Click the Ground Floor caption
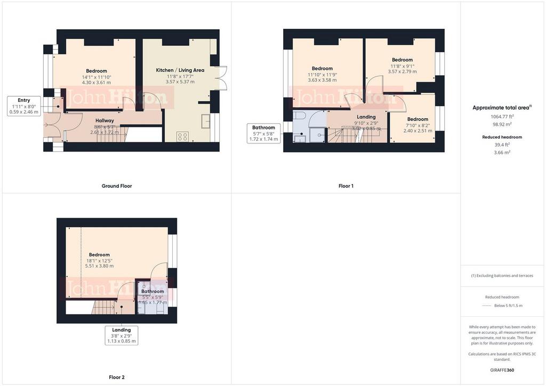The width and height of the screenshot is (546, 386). point(117,186)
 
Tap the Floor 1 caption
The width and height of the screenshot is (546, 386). point(346,186)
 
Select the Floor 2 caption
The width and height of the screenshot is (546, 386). point(117,377)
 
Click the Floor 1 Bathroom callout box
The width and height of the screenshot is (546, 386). point(263,133)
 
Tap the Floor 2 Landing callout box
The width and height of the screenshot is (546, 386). point(122,335)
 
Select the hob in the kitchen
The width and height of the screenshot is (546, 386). point(182,136)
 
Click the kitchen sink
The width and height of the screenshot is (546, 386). point(206,122)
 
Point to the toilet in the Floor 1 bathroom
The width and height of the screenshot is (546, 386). point(299,116)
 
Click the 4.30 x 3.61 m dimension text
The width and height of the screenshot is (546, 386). point(97,83)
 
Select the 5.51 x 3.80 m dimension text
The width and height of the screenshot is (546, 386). point(99,266)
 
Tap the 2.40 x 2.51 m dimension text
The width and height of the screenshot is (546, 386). point(417,131)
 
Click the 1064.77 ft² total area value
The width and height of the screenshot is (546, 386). point(503,116)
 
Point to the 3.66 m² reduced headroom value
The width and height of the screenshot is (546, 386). point(503,152)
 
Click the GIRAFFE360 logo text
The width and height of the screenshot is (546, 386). point(503,370)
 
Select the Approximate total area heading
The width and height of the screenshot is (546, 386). point(502,108)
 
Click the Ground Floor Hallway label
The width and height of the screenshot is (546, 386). point(105,120)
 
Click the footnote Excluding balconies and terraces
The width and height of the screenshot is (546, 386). point(503,276)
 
